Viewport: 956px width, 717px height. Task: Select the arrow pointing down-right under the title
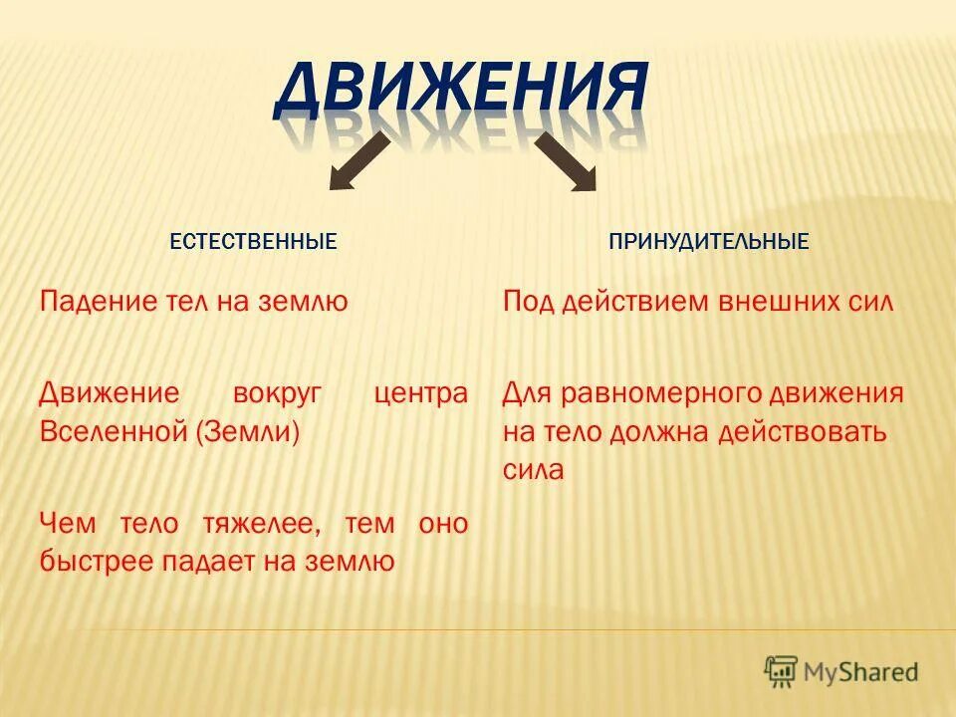(565, 162)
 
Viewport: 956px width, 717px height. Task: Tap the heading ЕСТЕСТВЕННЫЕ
(253, 242)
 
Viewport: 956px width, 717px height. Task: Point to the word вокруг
(276, 392)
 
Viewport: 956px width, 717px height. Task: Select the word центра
(420, 392)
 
